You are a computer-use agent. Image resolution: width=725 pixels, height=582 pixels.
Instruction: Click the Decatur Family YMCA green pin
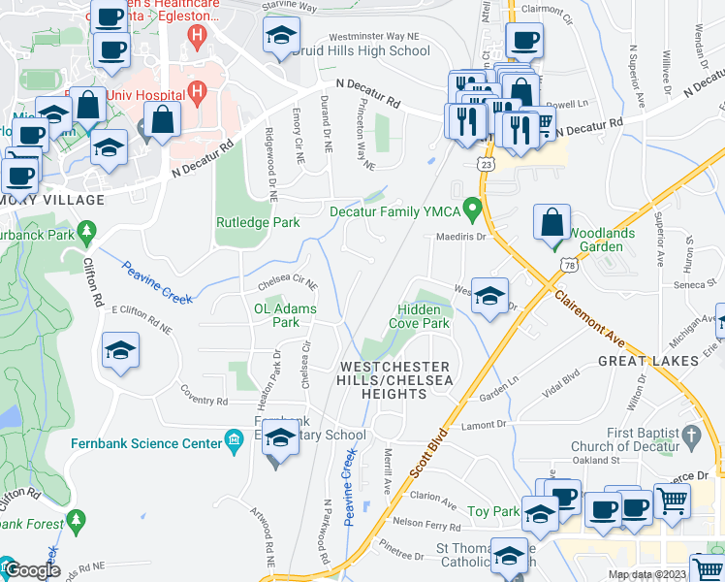coord(472,209)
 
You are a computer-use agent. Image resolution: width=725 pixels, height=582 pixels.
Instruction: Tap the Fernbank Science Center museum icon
coord(233,443)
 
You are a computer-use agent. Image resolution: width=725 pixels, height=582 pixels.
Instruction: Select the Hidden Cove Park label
coord(419,315)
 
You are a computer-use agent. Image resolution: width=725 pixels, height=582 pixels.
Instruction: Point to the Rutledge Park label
coord(257,222)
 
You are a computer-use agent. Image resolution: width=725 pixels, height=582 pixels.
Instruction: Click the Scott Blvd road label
coord(431,453)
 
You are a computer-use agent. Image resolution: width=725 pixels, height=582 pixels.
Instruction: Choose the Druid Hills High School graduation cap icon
coord(281,37)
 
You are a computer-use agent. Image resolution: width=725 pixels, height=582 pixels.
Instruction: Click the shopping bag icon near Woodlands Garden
coord(552,223)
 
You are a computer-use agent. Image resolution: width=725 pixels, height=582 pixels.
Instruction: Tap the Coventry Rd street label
coord(204,401)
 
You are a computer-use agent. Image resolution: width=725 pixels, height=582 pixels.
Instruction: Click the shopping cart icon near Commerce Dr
coord(672,501)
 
